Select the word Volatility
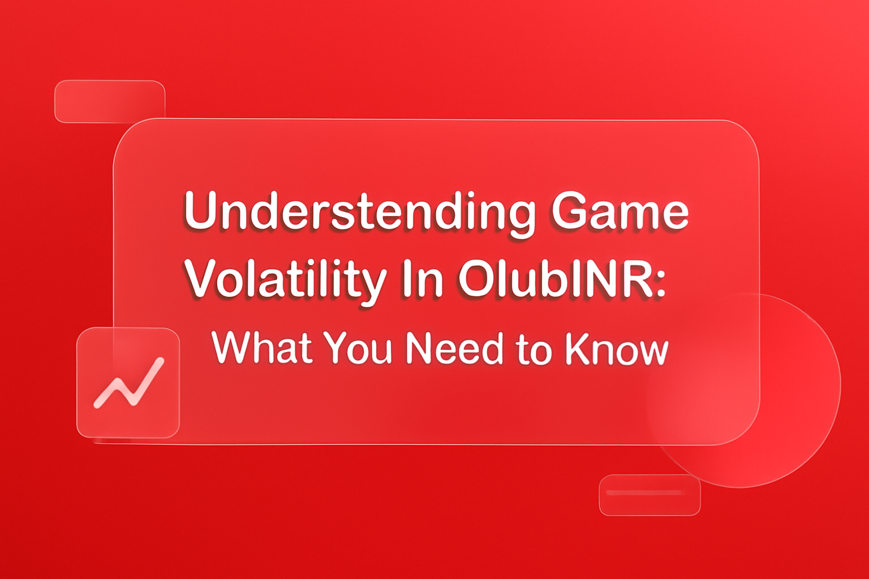286,280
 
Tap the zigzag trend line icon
129,383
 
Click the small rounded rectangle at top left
109,102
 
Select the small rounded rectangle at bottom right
649,495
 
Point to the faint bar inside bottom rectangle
645,493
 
